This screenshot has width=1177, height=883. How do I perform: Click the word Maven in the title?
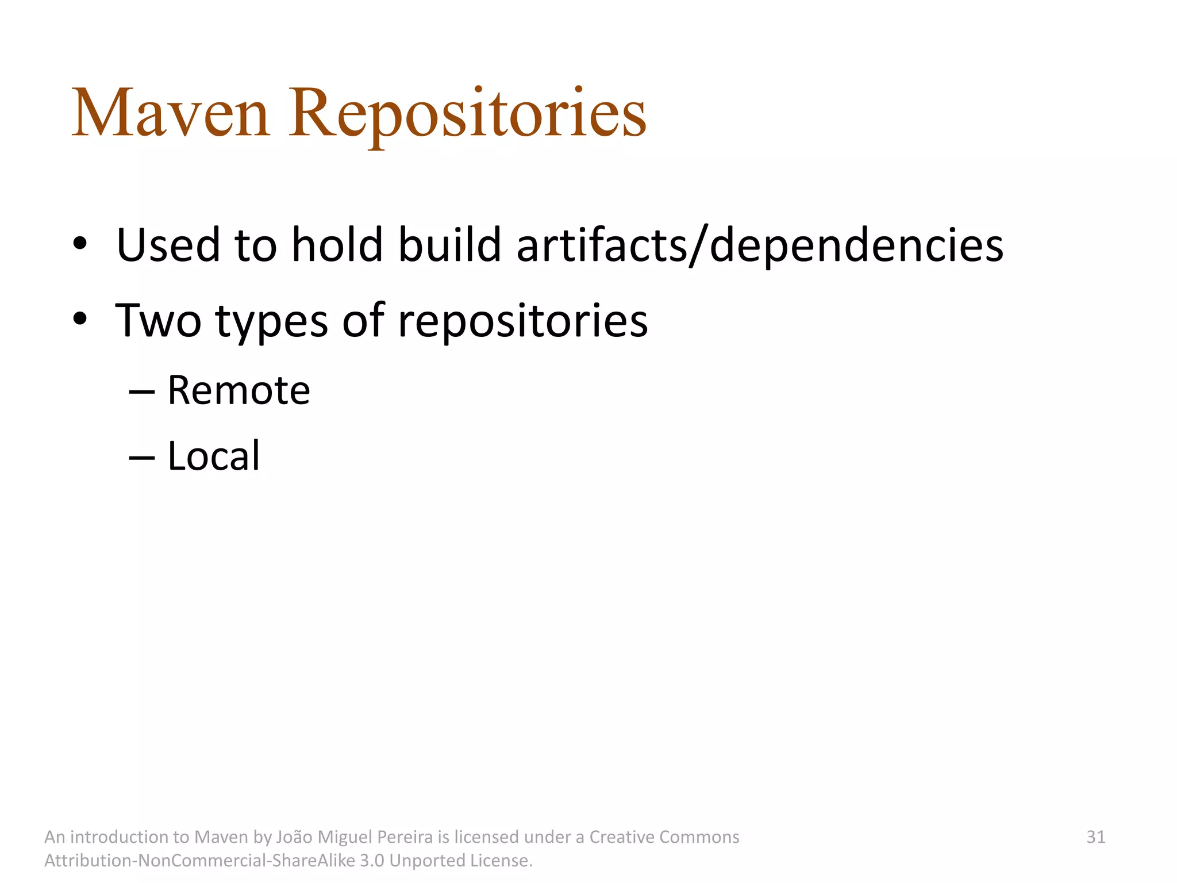coord(171,113)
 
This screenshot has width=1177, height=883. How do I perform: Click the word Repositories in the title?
coord(467,113)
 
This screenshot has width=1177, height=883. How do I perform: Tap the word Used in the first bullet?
coord(168,245)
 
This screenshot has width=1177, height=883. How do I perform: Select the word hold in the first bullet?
coord(337,245)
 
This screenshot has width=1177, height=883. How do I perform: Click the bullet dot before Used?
coord(80,244)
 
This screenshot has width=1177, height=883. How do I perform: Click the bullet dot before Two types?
coord(80,319)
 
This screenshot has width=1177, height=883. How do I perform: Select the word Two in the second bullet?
coord(159,321)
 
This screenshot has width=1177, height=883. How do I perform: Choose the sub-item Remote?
coord(239,390)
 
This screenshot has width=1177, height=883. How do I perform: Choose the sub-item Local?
coord(214,456)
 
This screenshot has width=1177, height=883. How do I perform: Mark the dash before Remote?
coord(142,392)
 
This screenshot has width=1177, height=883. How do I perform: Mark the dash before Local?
coord(142,458)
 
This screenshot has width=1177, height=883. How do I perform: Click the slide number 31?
coord(1095,837)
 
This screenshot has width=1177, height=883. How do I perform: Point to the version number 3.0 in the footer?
coord(371,861)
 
